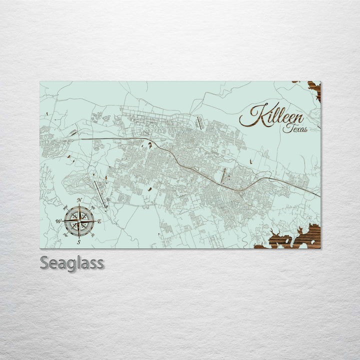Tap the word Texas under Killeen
pos(295,128)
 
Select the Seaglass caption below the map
pos(72,262)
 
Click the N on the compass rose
pos(79,200)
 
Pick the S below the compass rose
pos(79,242)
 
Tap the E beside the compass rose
pos(99,221)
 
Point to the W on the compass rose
pos(58,221)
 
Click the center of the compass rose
pos(79,221)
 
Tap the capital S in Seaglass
pos(45,262)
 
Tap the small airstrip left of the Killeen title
pos(200,120)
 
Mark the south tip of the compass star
pos(79,236)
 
